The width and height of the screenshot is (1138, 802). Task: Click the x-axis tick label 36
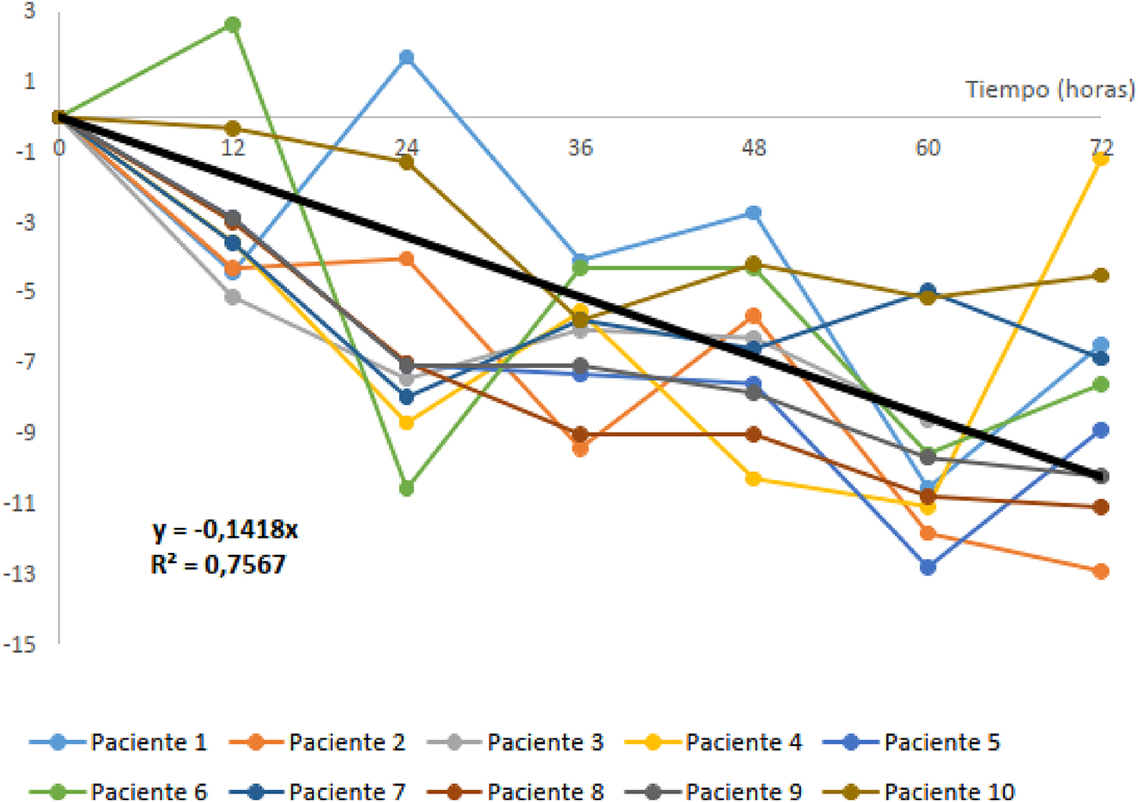tap(580, 148)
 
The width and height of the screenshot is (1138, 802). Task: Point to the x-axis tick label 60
tap(928, 148)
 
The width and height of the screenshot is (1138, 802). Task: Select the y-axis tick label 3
tap(29, 11)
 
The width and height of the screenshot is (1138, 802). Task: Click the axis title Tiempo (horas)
tap(1049, 90)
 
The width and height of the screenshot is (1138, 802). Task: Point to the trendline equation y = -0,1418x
tap(225, 530)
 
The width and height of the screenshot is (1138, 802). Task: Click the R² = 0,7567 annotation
tap(218, 565)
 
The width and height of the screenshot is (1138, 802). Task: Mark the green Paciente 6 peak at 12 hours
tap(233, 25)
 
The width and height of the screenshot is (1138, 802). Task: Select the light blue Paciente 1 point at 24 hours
tap(407, 58)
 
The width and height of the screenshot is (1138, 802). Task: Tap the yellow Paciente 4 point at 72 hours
tap(1101, 158)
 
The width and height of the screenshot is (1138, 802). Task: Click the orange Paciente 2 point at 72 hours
tap(1101, 571)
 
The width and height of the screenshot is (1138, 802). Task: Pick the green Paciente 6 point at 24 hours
tap(407, 488)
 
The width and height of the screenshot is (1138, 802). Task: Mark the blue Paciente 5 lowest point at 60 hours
tap(928, 567)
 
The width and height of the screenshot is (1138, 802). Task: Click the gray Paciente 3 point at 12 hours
tap(233, 297)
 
